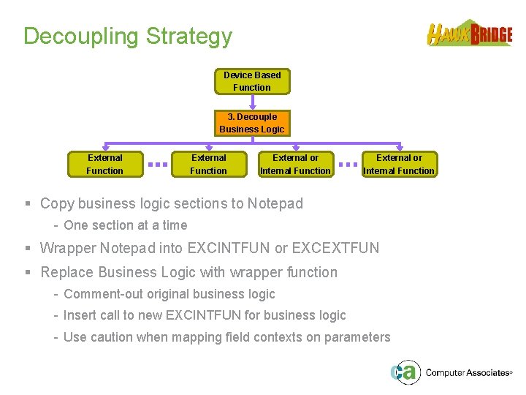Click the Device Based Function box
point(252,81)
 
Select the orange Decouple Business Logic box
point(252,123)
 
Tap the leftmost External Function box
point(104,164)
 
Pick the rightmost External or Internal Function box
point(399,164)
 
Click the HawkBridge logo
point(470,34)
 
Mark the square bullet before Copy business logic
point(27,204)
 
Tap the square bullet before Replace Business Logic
point(27,273)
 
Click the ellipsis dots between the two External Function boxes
point(157,165)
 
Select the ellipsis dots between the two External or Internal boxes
point(348,165)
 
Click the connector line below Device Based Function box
point(252,102)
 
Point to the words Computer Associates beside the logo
point(467,373)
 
